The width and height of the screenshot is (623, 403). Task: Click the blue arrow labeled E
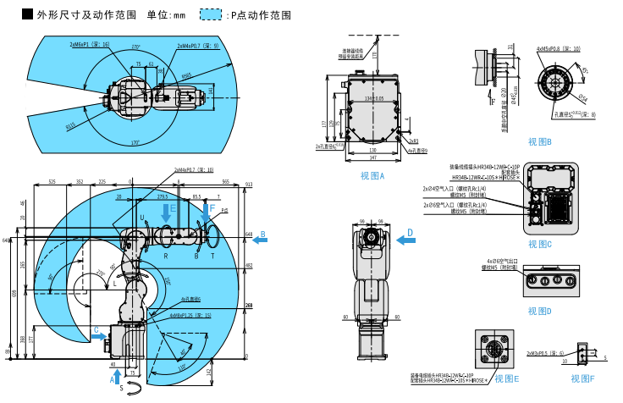click(x=166, y=214)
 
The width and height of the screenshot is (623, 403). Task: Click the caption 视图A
click(x=372, y=176)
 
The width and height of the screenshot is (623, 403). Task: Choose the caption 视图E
click(x=507, y=378)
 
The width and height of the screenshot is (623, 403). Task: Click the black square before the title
click(x=27, y=14)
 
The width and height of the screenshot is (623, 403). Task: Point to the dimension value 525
click(x=52, y=181)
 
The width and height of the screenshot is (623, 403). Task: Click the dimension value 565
click(x=226, y=181)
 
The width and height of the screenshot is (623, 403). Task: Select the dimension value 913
click(x=249, y=184)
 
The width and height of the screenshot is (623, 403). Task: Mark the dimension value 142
click(x=233, y=371)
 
